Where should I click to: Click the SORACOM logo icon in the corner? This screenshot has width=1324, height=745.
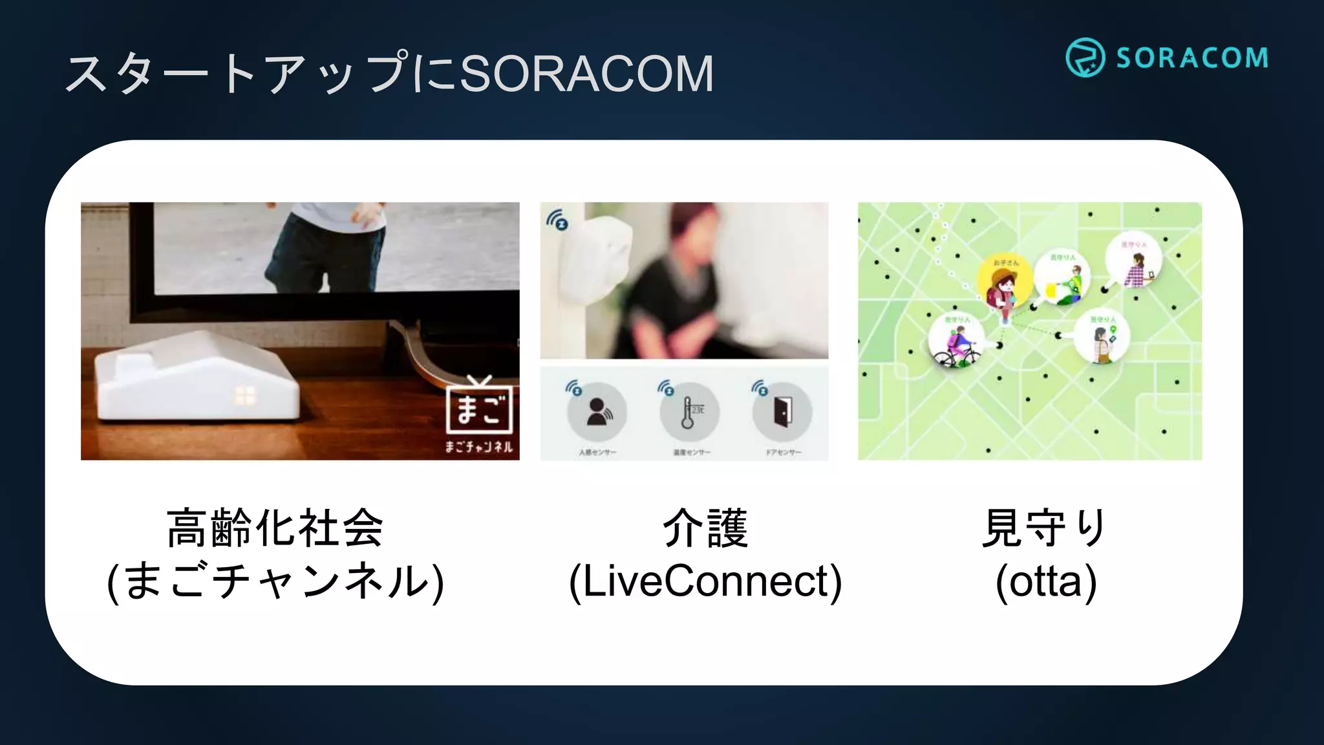click(x=1085, y=58)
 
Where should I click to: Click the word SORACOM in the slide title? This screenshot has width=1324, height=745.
click(x=586, y=74)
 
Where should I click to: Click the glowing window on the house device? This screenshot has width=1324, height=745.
click(x=245, y=396)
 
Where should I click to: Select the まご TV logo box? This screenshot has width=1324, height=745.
click(x=479, y=409)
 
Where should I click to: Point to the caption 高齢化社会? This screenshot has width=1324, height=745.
click(x=275, y=528)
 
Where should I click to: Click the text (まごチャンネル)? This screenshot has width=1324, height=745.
click(x=275, y=581)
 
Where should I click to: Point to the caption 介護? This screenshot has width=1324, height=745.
click(x=705, y=528)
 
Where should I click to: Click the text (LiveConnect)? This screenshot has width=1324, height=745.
click(x=705, y=581)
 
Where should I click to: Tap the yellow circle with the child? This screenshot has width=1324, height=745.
click(x=1004, y=285)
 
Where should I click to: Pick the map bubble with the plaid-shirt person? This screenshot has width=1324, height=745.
click(x=1133, y=263)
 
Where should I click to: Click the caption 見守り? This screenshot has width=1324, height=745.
click(x=1045, y=528)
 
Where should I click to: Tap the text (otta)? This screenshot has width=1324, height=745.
click(x=1046, y=581)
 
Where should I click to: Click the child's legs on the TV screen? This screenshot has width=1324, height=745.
click(x=323, y=259)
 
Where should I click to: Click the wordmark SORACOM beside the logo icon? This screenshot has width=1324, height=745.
click(x=1192, y=58)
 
